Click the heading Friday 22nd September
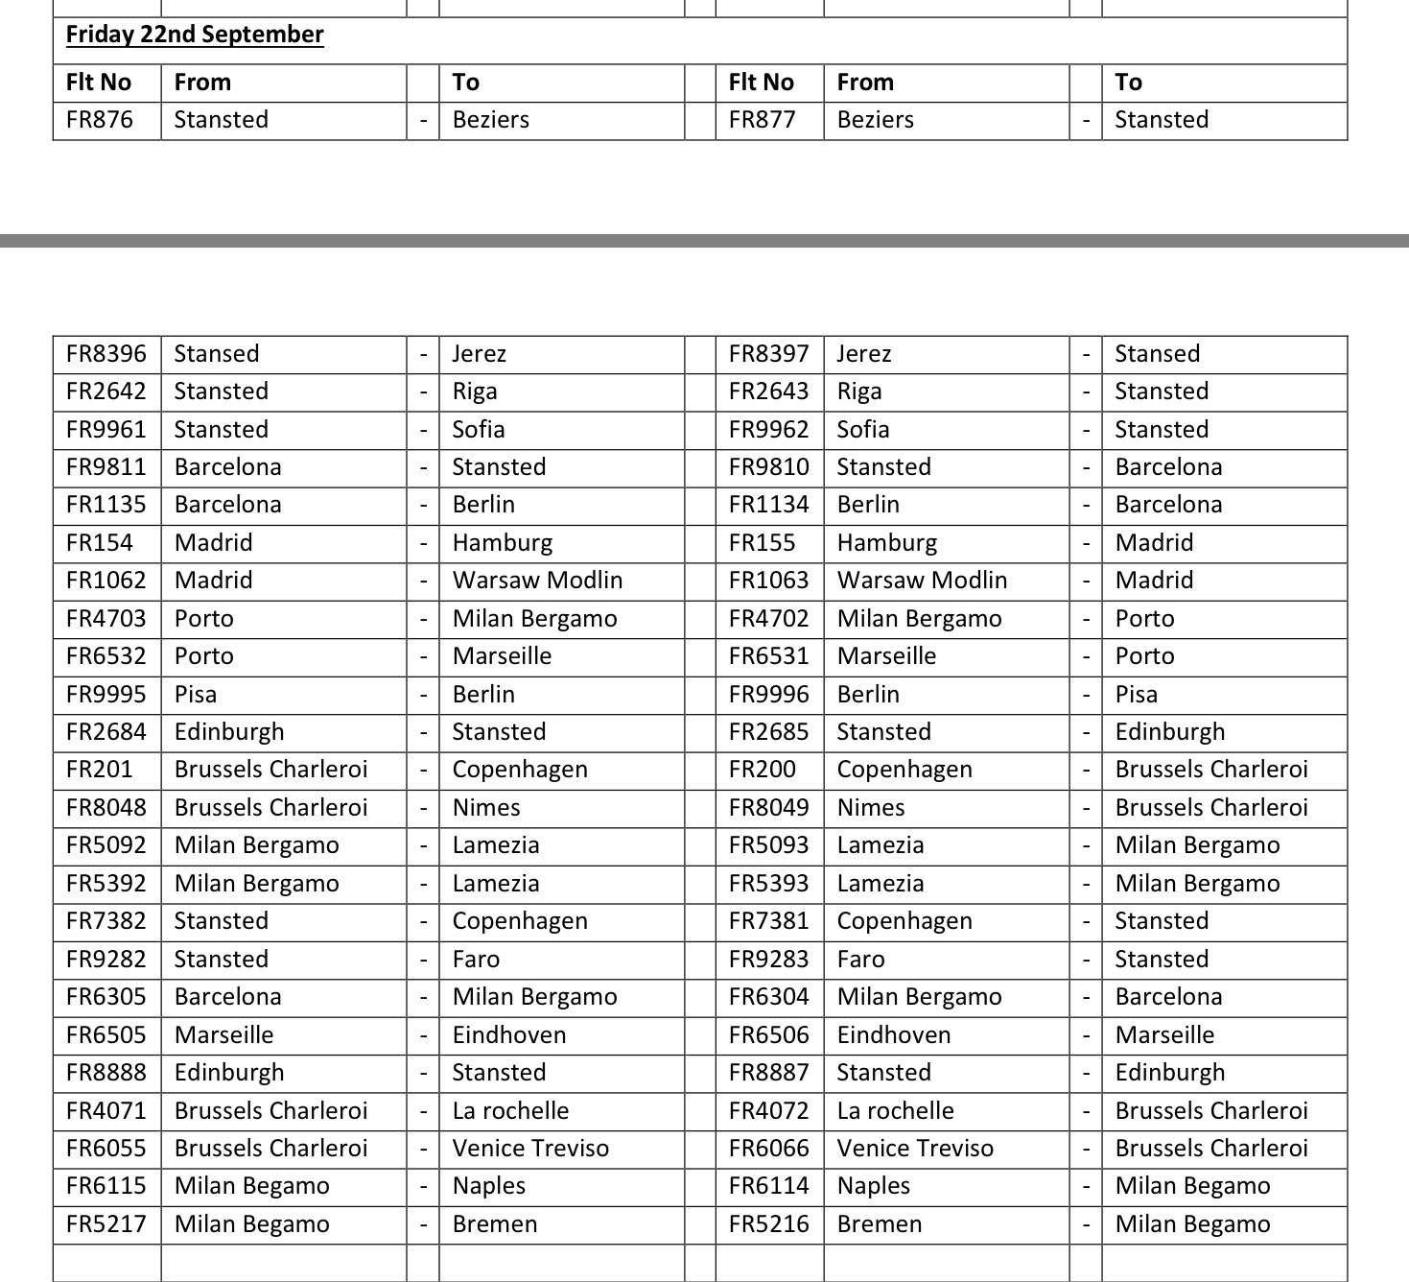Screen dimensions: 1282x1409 click(x=195, y=35)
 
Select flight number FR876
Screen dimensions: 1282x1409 click(x=100, y=120)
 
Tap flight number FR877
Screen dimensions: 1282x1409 click(x=762, y=120)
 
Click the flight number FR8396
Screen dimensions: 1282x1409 click(x=106, y=354)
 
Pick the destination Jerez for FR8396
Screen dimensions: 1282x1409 click(x=480, y=354)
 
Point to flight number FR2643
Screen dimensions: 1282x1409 click(x=768, y=392)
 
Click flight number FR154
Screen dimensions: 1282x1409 click(x=100, y=543)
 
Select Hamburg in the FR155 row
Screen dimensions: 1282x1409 click(x=886, y=543)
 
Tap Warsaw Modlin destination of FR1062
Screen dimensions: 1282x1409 click(x=537, y=581)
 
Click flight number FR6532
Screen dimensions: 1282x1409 click(x=106, y=656)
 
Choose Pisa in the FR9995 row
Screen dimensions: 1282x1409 click(x=196, y=695)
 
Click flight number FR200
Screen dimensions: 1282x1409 click(x=762, y=770)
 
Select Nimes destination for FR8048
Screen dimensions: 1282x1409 click(x=486, y=808)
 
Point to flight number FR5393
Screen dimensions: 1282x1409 click(x=768, y=884)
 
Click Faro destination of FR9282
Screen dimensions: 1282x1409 click(x=476, y=960)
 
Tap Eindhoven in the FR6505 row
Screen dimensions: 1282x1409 click(x=509, y=1035)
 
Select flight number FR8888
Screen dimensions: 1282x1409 click(x=106, y=1073)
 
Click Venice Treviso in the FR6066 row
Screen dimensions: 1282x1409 click(x=915, y=1149)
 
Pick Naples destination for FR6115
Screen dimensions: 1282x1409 click(x=489, y=1186)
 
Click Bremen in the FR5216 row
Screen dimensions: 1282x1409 click(x=880, y=1224)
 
